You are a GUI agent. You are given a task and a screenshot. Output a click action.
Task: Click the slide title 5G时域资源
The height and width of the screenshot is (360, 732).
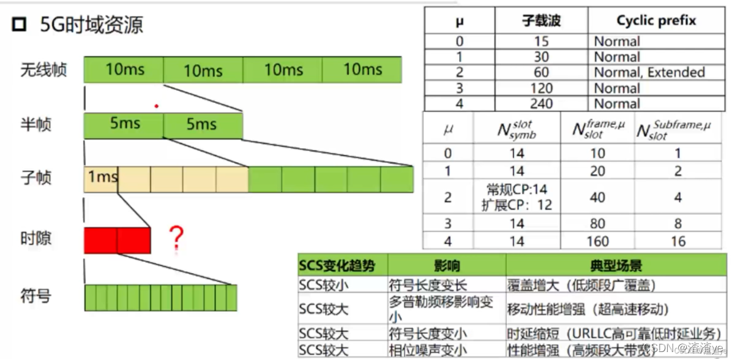(x=92, y=26)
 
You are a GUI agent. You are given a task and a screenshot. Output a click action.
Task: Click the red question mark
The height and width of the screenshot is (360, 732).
(x=176, y=238)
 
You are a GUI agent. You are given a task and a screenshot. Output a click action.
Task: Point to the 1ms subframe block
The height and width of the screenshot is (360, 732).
(x=101, y=178)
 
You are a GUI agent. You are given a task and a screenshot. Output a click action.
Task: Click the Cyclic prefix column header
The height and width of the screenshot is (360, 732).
(x=656, y=21)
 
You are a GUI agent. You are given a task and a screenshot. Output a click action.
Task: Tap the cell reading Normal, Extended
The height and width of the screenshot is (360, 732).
(x=649, y=72)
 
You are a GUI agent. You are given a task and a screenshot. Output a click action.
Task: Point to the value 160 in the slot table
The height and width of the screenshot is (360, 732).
(x=597, y=241)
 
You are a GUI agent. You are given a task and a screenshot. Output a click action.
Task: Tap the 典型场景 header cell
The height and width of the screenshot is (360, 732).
(x=616, y=266)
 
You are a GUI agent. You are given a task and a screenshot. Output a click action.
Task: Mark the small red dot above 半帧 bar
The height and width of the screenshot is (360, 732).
(x=157, y=106)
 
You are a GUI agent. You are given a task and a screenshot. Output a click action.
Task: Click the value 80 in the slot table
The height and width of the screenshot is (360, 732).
(x=597, y=223)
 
